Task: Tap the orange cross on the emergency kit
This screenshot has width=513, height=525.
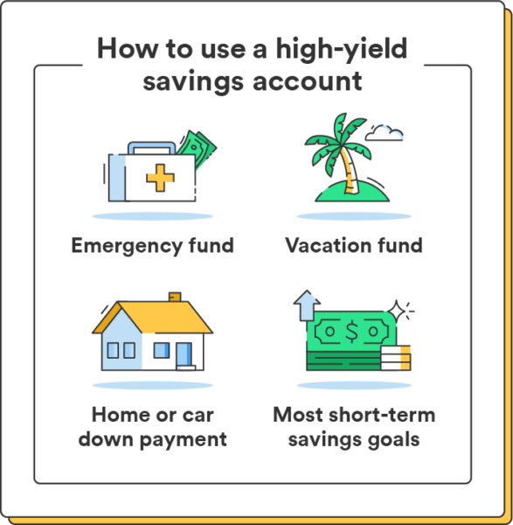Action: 160,179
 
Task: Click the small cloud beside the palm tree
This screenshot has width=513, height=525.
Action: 385,134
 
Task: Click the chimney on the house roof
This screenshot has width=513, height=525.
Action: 175,297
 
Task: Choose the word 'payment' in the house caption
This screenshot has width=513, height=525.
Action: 178,438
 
